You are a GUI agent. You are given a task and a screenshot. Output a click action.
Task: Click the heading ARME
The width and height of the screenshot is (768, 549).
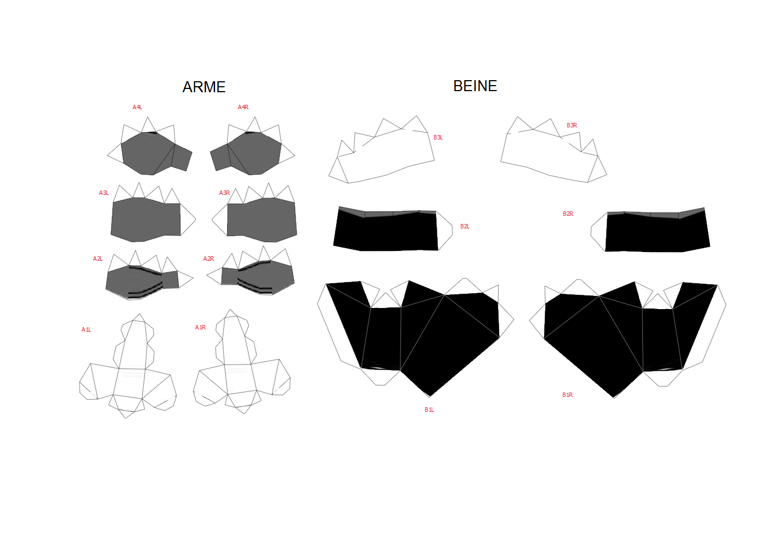point(204,87)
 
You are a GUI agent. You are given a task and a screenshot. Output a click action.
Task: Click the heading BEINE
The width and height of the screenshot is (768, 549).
point(475,86)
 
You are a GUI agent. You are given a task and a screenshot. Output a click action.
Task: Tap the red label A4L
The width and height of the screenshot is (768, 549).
point(138,107)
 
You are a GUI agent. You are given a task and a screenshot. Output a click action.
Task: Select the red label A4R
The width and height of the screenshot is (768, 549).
point(243,107)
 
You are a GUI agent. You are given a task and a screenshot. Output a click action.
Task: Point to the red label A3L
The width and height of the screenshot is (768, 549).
point(104,193)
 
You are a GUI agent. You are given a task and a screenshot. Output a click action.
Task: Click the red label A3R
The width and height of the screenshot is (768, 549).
point(224,193)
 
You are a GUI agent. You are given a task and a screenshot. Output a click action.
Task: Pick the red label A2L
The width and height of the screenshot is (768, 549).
point(98,259)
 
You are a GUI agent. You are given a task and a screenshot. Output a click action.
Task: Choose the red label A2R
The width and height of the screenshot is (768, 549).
point(208,259)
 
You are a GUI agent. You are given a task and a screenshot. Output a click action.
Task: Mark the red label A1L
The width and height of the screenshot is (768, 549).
point(86,330)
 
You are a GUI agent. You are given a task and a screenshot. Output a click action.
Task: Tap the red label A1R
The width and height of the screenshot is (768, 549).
point(200,327)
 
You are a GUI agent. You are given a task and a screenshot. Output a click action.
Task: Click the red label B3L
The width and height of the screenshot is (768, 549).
point(438,137)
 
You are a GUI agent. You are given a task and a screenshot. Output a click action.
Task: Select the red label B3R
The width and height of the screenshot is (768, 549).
point(572,125)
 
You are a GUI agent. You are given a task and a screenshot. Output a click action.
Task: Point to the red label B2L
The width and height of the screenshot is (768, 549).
point(465,226)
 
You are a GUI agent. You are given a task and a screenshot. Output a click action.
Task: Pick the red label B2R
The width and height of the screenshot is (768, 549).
point(568,214)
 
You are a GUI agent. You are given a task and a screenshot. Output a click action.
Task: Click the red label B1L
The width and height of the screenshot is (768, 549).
point(429,410)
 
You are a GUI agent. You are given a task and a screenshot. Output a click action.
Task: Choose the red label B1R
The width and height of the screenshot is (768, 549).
point(567,395)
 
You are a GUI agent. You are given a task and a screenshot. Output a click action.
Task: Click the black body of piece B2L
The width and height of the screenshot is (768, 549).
point(386,232)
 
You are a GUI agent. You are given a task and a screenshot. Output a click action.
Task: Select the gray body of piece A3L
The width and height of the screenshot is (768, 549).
point(146,220)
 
